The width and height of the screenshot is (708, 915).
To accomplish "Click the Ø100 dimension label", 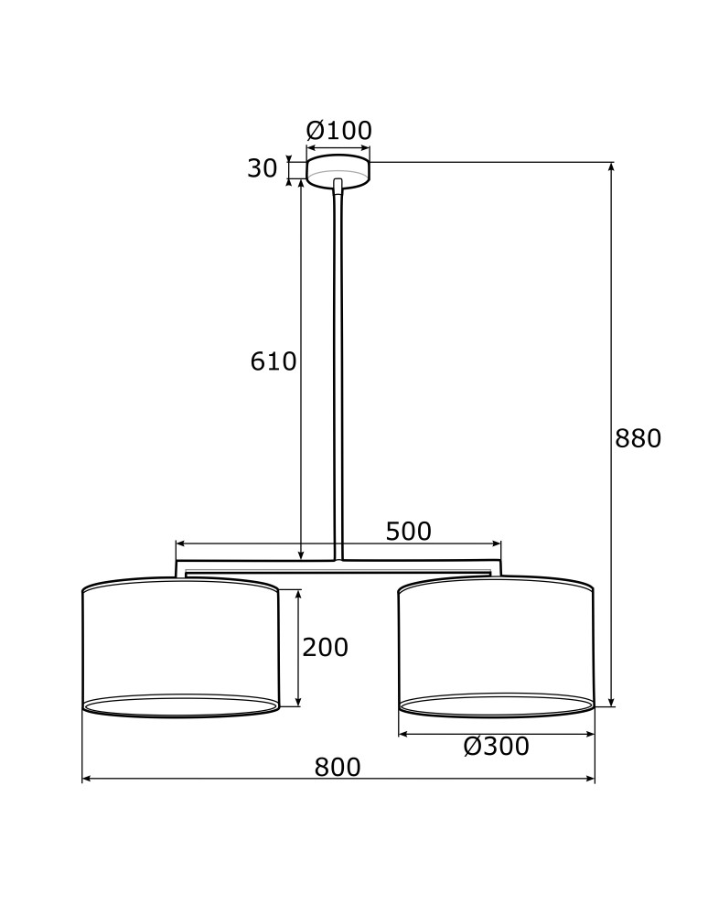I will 338,131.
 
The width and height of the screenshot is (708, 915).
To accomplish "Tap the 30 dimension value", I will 262,168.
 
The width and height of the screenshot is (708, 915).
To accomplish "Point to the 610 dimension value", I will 274,362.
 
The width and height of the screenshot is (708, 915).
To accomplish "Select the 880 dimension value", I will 638,439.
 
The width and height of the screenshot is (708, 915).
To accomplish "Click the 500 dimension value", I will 408,532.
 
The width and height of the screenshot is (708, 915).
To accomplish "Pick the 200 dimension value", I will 325,648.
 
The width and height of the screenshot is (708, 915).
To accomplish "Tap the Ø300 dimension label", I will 496,747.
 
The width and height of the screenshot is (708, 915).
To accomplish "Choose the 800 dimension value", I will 338,768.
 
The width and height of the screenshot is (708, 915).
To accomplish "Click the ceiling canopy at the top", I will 338,171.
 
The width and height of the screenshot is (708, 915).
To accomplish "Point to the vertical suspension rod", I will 339,366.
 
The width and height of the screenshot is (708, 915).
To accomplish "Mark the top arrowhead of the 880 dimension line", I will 611,167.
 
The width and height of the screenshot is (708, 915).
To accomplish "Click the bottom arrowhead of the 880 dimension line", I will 611,702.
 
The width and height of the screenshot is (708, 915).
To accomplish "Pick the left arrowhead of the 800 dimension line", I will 87,780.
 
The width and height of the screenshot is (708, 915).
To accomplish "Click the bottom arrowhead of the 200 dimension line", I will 298,702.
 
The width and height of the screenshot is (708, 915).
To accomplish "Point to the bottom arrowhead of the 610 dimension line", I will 301,555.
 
